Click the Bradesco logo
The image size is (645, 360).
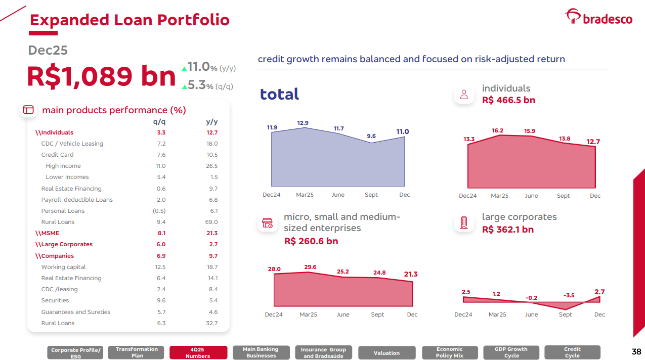tap(598, 18)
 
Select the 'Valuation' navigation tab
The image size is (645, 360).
tap(386, 353)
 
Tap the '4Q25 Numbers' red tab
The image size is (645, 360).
tap(197, 352)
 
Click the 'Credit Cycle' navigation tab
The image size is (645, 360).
tap(572, 352)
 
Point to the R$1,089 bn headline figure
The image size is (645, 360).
tap(101, 76)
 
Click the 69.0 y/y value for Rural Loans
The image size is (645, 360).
tap(211, 222)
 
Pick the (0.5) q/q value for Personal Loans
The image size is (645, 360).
tap(159, 211)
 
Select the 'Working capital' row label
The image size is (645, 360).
tap(63, 267)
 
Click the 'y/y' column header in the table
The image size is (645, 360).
tap(211, 122)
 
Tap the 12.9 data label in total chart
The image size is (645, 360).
tap(303, 123)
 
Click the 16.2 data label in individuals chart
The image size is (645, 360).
tap(498, 130)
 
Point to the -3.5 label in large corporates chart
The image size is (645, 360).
tap(569, 295)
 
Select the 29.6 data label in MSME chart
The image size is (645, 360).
tap(310, 267)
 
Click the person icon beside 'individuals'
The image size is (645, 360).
tap(464, 94)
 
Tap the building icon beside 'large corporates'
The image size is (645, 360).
tap(464, 222)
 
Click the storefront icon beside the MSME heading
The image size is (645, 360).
tap(267, 222)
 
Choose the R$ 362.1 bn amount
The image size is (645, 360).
tap(508, 230)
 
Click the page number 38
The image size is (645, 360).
tap(636, 351)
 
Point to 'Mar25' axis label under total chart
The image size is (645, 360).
tap(305, 195)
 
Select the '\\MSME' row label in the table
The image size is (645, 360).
tap(47, 233)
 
